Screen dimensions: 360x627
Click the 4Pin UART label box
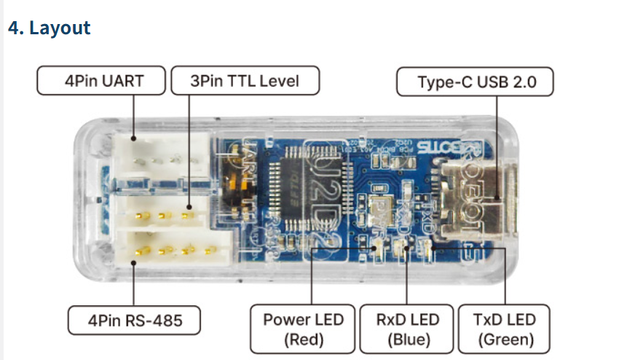(102, 80)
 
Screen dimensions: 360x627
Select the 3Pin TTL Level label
(245, 80)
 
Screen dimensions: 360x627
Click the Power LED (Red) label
(303, 329)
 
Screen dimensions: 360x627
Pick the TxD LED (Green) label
(504, 329)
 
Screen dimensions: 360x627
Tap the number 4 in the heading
(12, 28)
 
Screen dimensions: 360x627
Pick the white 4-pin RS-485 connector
(172, 250)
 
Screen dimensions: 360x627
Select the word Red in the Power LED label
(303, 340)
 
